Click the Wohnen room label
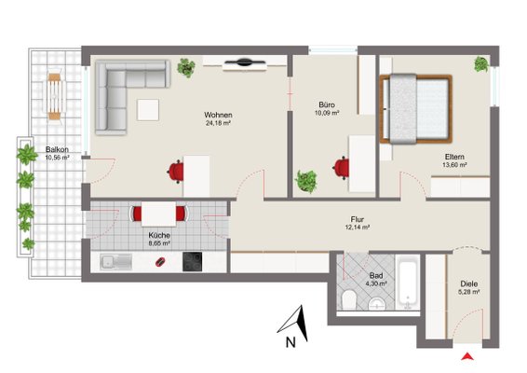click(218, 115)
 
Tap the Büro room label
click(327, 104)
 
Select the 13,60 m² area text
click(454, 165)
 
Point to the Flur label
click(357, 219)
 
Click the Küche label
click(159, 235)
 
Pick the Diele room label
click(469, 283)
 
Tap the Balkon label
click(57, 149)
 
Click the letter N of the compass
click(291, 342)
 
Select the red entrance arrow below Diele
click(467, 356)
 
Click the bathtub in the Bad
click(408, 283)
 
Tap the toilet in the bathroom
click(349, 299)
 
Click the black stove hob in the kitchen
click(192, 262)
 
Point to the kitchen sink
click(116, 262)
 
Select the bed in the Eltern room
click(416, 109)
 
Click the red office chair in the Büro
click(342, 168)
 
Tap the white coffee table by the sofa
click(148, 110)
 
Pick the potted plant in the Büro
click(305, 181)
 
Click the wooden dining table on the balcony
click(54, 97)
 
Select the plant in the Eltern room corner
click(481, 64)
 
